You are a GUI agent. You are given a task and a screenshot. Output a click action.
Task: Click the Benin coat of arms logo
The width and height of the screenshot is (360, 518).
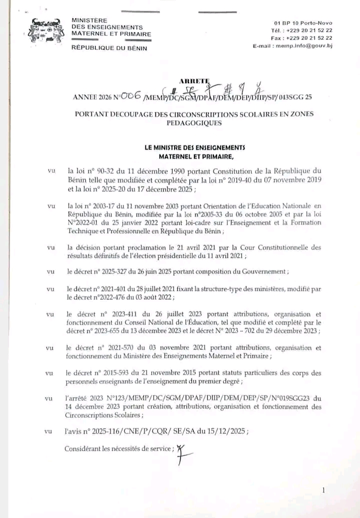coord(46,31)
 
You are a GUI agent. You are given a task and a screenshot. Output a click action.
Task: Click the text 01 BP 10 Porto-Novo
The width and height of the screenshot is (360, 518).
coord(303,23)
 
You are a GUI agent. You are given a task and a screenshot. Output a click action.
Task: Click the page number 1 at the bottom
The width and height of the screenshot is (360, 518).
coord(323,490)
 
